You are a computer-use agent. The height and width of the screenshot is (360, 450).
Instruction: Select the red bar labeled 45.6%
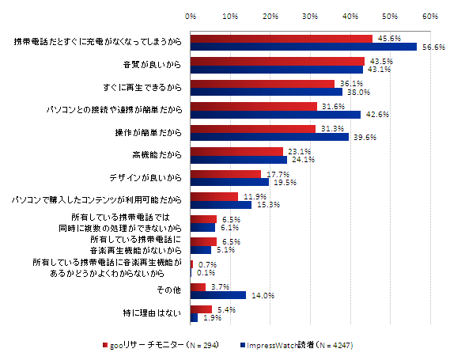281,38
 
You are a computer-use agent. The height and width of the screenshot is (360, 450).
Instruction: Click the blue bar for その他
218,295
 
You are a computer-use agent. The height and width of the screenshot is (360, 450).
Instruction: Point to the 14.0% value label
263,296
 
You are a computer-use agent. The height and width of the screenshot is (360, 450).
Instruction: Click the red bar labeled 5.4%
201,309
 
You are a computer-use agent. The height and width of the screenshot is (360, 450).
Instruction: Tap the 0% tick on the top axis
191,15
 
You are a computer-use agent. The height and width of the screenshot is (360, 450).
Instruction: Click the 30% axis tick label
310,15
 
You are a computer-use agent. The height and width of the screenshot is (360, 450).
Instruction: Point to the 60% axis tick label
430,15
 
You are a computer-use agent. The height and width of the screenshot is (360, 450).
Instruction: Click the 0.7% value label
208,265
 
